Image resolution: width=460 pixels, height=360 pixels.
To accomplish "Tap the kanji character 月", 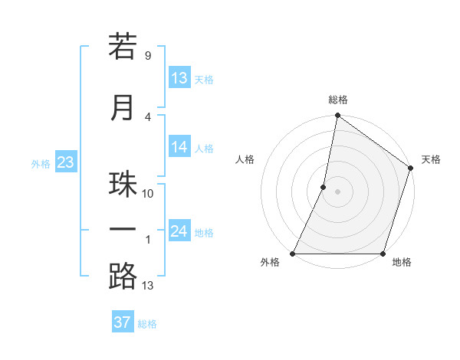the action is coord(123,107).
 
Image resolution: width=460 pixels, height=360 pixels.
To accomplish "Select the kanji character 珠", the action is coord(123,185).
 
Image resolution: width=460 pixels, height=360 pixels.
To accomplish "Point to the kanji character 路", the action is coord(123,277).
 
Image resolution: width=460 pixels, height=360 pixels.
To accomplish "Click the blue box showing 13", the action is coord(179,77).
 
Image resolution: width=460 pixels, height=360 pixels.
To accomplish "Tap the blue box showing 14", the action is coord(179,146).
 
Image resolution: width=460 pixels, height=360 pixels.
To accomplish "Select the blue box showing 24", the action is coord(179,231).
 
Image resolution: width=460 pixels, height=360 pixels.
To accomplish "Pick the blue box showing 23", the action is coord(65,162).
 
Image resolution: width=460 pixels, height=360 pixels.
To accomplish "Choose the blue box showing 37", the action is coord(122,322).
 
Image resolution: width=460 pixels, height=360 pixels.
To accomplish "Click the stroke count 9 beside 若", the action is coord(147,56).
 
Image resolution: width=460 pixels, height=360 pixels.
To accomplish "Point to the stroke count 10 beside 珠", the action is coord(148,194).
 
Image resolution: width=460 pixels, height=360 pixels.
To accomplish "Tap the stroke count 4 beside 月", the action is coord(147,117).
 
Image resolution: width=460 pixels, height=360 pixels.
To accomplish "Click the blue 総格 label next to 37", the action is coord(147,324).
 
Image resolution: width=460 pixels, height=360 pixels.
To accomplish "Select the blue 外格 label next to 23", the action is coord(40,163).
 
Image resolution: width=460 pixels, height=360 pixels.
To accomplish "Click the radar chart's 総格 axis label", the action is coord(338,100).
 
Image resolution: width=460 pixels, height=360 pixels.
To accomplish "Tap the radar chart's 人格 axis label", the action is coord(245,159).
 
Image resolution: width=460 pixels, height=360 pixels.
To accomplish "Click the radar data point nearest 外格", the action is coord(293,254).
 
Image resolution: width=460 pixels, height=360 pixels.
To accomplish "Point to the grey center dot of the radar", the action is coord(338,191).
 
